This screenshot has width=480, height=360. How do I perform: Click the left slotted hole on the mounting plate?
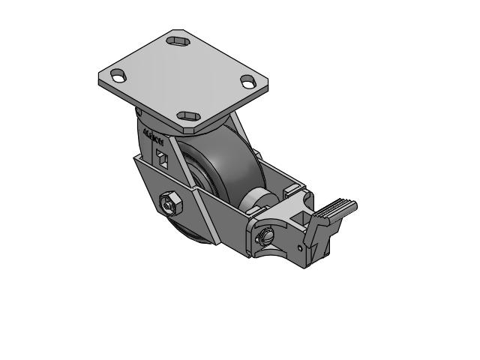pyautogui.click(x=118, y=75)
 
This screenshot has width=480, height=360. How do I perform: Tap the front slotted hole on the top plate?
pyautogui.click(x=187, y=116)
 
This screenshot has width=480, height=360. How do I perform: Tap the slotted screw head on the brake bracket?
pyautogui.click(x=267, y=236)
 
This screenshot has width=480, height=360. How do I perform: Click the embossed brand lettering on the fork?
pyautogui.click(x=153, y=138)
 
